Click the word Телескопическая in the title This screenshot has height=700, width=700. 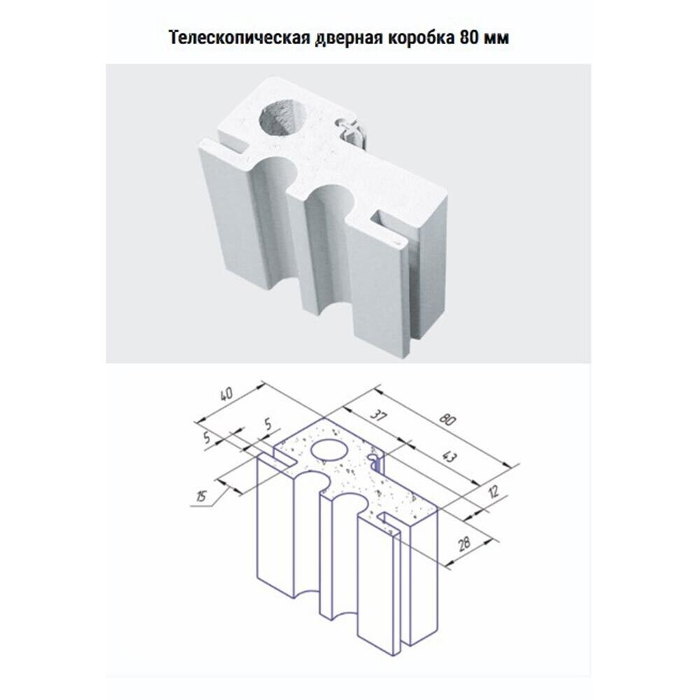click(239, 38)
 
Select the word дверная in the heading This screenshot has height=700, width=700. click(349, 38)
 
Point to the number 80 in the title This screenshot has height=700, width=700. click(468, 38)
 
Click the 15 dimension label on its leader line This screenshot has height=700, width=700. click(202, 496)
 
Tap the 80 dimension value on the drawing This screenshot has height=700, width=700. click(447, 419)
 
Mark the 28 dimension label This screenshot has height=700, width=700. click(464, 543)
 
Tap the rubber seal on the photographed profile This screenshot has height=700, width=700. click(353, 132)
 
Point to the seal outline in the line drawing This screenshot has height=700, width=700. click(375, 463)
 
